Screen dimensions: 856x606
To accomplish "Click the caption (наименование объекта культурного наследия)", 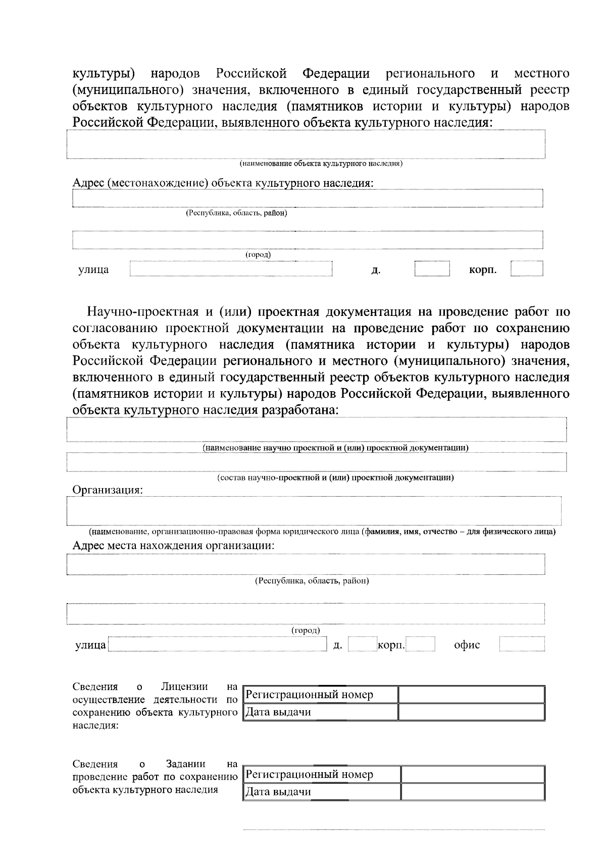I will pos(321,164).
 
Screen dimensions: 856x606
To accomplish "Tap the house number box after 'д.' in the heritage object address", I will pos(432,269).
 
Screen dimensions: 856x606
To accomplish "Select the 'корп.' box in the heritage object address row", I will pos(526,268).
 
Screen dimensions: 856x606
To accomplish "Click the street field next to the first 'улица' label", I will pos(231,269).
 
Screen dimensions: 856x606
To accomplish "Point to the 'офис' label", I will pos(467,645).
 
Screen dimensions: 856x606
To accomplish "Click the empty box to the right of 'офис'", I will pos(522,644).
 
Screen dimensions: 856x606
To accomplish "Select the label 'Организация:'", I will pos(108,490).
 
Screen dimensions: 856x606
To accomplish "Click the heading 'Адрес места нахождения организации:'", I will pos(173,546).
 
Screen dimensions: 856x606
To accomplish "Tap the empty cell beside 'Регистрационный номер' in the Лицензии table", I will pos(471,695).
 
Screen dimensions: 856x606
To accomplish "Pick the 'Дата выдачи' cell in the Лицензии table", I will pos(320,712).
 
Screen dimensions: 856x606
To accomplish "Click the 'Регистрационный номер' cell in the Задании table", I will pos(321,774).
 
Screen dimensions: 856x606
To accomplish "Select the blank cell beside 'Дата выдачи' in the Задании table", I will pos(472,792).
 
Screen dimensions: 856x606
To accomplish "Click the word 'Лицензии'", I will pos(184,686).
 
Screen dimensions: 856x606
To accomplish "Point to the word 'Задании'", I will pos(185,764).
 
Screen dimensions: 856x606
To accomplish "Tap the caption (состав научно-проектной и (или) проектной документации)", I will pos(335,477).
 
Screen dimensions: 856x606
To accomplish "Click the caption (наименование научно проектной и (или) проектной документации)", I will pos(335,448).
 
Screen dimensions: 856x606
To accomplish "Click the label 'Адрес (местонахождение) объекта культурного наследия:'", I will pos(223,183).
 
